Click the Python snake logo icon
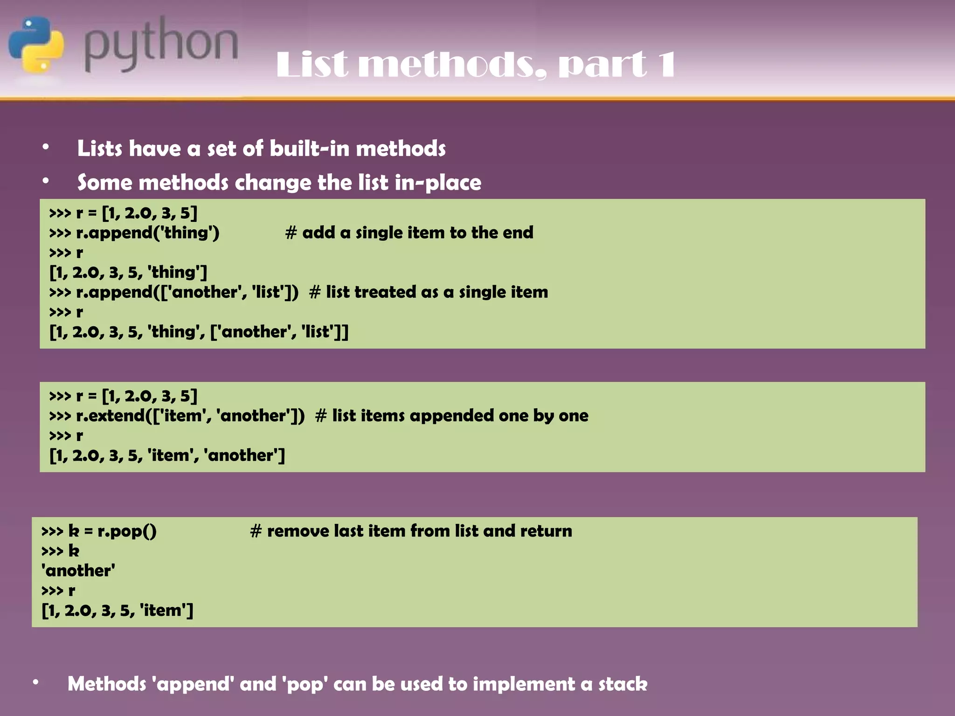tap(36, 45)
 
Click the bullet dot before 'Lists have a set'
tap(45, 147)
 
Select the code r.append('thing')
tap(147, 233)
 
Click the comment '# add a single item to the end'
tap(409, 233)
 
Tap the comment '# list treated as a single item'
tap(428, 292)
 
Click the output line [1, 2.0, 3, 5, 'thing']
tap(128, 272)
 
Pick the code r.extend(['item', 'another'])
tap(190, 416)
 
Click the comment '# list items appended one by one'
tap(451, 416)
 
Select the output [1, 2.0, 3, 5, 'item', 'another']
tap(167, 455)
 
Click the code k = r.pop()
tap(112, 531)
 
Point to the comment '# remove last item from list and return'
tap(411, 531)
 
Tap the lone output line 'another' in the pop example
tap(78, 571)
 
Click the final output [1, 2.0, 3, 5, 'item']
tap(117, 610)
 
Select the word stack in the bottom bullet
tap(623, 684)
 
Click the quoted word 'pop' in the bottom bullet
tap(304, 684)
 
